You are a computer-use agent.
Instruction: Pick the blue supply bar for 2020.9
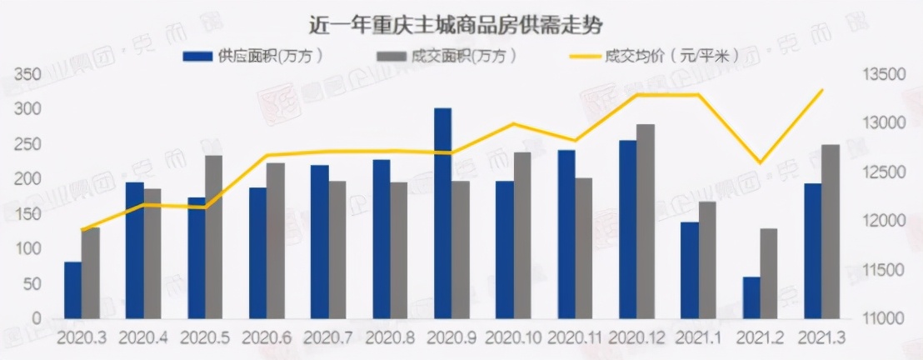coord(442,213)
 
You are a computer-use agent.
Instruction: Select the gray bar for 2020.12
coord(645,222)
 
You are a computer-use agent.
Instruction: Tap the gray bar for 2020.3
coord(90,272)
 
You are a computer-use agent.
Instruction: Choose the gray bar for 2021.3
coord(831,232)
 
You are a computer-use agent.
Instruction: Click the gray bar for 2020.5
coord(214,237)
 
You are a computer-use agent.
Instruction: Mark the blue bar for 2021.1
coord(689,270)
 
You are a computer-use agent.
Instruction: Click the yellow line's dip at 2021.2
coord(759,162)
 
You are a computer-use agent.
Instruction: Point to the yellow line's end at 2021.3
coord(822,90)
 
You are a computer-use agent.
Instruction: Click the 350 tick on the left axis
coord(29,75)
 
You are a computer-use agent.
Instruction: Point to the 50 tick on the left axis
coord(32,284)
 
